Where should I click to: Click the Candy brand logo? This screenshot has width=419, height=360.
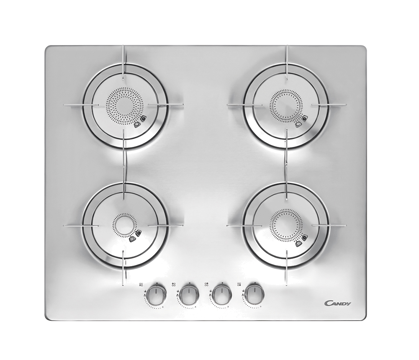click(338, 303)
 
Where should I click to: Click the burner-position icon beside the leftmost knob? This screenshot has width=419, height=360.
click(141, 284)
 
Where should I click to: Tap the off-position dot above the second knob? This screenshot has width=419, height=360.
click(189, 283)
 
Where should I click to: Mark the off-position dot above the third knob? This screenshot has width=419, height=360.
click(222, 283)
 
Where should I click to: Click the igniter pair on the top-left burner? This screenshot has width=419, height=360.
click(140, 121)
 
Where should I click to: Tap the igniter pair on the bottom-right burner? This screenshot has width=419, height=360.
click(301, 240)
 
